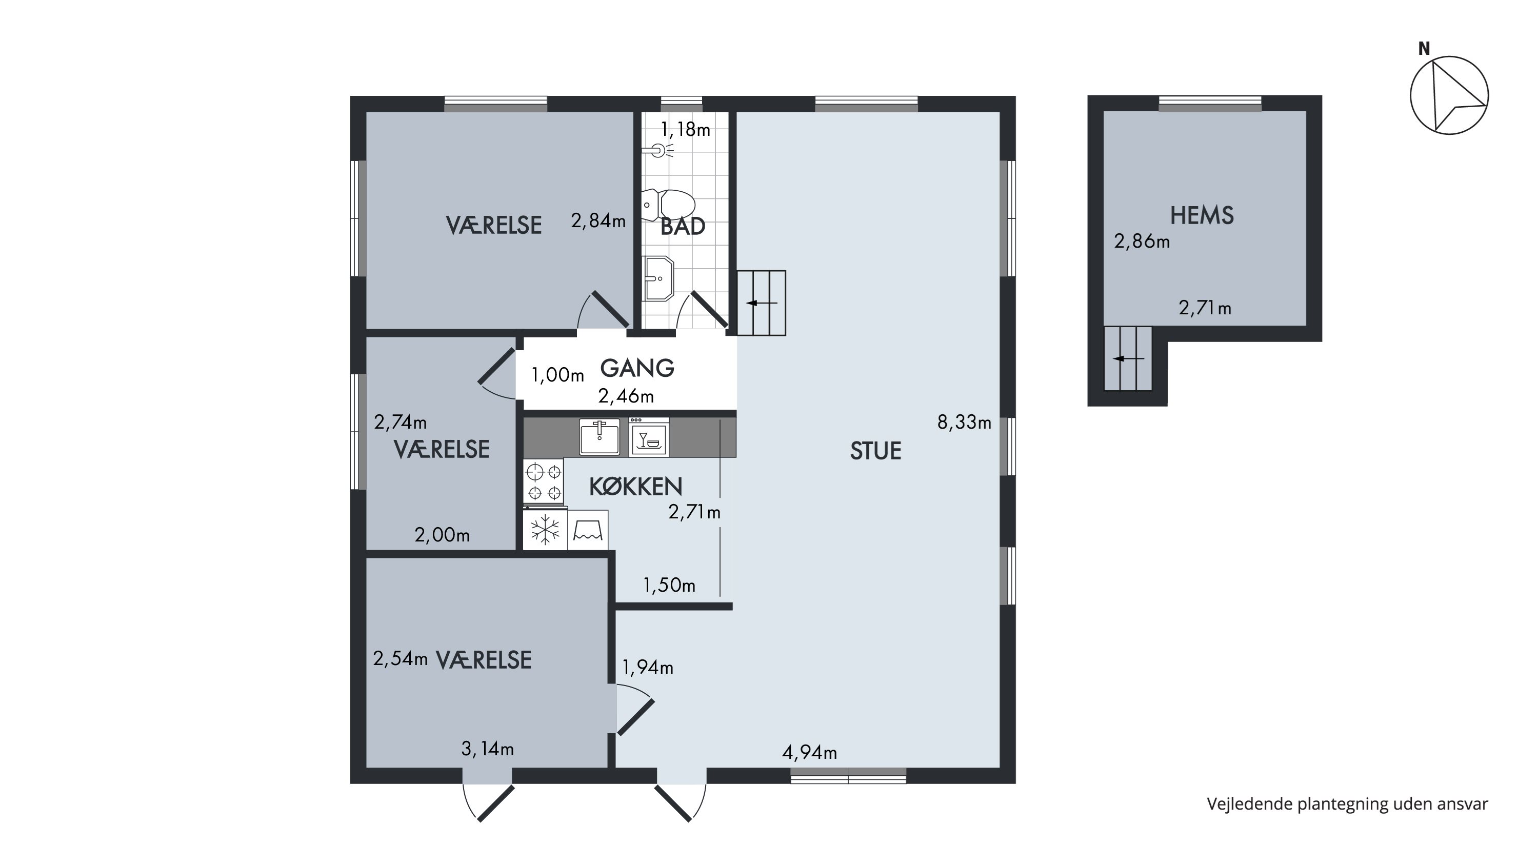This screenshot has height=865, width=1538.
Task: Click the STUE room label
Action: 875,451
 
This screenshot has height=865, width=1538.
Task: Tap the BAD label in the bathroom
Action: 683,226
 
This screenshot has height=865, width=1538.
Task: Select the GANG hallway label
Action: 637,368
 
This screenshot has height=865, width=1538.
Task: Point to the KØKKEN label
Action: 635,487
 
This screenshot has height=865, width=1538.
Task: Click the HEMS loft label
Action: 1202,215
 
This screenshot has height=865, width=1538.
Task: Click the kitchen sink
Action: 599,436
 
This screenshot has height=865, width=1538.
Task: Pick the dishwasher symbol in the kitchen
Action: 649,437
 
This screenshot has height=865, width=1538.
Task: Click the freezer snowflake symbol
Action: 545,530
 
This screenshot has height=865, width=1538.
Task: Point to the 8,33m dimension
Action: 964,423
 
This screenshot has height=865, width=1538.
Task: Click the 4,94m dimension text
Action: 810,753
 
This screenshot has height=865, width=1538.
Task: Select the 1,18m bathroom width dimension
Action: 686,130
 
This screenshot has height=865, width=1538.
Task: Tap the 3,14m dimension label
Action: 487,749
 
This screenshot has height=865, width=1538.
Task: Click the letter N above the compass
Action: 1424,49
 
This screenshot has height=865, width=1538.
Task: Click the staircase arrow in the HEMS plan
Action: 1128,359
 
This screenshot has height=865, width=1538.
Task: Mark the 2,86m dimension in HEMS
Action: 1142,242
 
